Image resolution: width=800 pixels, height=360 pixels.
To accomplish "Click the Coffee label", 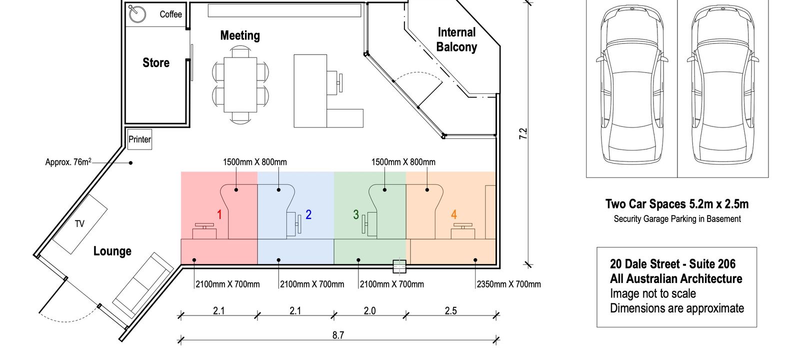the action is point(170,14).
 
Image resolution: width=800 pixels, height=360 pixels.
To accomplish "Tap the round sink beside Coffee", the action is point(137,14).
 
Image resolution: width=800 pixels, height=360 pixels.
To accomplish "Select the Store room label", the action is point(156,63).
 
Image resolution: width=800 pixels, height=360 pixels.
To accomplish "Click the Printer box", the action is point(139,139).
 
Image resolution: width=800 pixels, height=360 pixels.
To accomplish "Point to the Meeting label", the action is point(240,35).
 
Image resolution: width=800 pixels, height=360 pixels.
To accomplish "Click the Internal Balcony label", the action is point(457,39).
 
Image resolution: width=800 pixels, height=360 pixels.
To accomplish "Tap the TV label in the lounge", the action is point(79,224).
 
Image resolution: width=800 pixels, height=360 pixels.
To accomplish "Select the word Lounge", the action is point(112,251).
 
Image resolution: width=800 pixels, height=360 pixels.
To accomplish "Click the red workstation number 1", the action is point(219,214).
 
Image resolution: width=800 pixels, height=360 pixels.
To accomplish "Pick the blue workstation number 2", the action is point(308,214).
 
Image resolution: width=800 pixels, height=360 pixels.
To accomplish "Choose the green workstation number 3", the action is point(355,214).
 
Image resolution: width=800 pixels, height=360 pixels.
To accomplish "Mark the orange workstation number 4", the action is point(454,214).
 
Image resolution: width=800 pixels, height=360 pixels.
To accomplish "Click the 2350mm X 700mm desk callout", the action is point(509,284).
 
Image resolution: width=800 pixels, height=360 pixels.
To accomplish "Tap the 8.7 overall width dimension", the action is point(338,335).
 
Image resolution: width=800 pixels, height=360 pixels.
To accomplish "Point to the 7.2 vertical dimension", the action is point(523,133).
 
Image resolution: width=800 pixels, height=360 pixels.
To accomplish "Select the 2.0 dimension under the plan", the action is point(369,310).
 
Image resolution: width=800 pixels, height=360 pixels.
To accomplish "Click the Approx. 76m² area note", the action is point(68,162).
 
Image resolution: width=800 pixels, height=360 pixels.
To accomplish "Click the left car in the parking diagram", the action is point(632,84).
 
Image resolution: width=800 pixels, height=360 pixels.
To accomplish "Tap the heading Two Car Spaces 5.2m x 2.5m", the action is point(677,204).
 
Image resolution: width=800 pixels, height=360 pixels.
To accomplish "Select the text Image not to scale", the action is point(653,293).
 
